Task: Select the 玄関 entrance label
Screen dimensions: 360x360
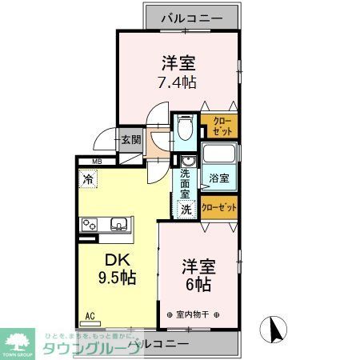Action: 130,140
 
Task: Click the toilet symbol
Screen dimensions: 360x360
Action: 186,126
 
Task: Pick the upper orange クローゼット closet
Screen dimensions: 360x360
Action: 218,125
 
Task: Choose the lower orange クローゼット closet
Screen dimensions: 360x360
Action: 219,207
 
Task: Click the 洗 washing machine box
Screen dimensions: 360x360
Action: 186,209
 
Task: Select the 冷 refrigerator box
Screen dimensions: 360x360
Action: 86,180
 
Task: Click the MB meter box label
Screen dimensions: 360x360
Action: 96,163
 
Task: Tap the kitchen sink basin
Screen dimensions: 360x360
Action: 118,224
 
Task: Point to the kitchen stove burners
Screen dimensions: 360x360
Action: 89,224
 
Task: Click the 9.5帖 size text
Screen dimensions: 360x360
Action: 117,278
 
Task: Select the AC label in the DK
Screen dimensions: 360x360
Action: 91,317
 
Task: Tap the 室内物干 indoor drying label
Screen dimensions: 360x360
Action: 192,314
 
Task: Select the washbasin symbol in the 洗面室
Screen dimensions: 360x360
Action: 186,159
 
